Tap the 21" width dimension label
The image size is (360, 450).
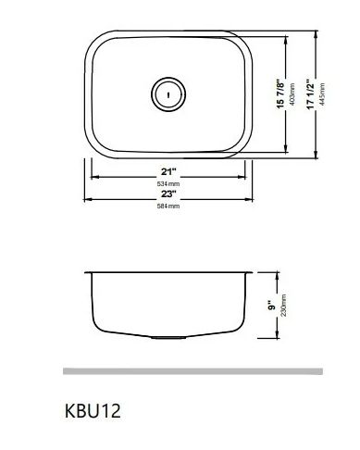click(168, 171)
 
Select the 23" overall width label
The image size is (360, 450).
click(168, 194)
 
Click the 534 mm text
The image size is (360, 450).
click(168, 184)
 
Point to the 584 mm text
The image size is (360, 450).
click(168, 206)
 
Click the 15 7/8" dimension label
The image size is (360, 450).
click(280, 94)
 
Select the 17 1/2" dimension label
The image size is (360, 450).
click(310, 94)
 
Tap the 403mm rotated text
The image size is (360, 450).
click(292, 94)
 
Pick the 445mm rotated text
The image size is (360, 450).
click(322, 94)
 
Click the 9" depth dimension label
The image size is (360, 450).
click(271, 306)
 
